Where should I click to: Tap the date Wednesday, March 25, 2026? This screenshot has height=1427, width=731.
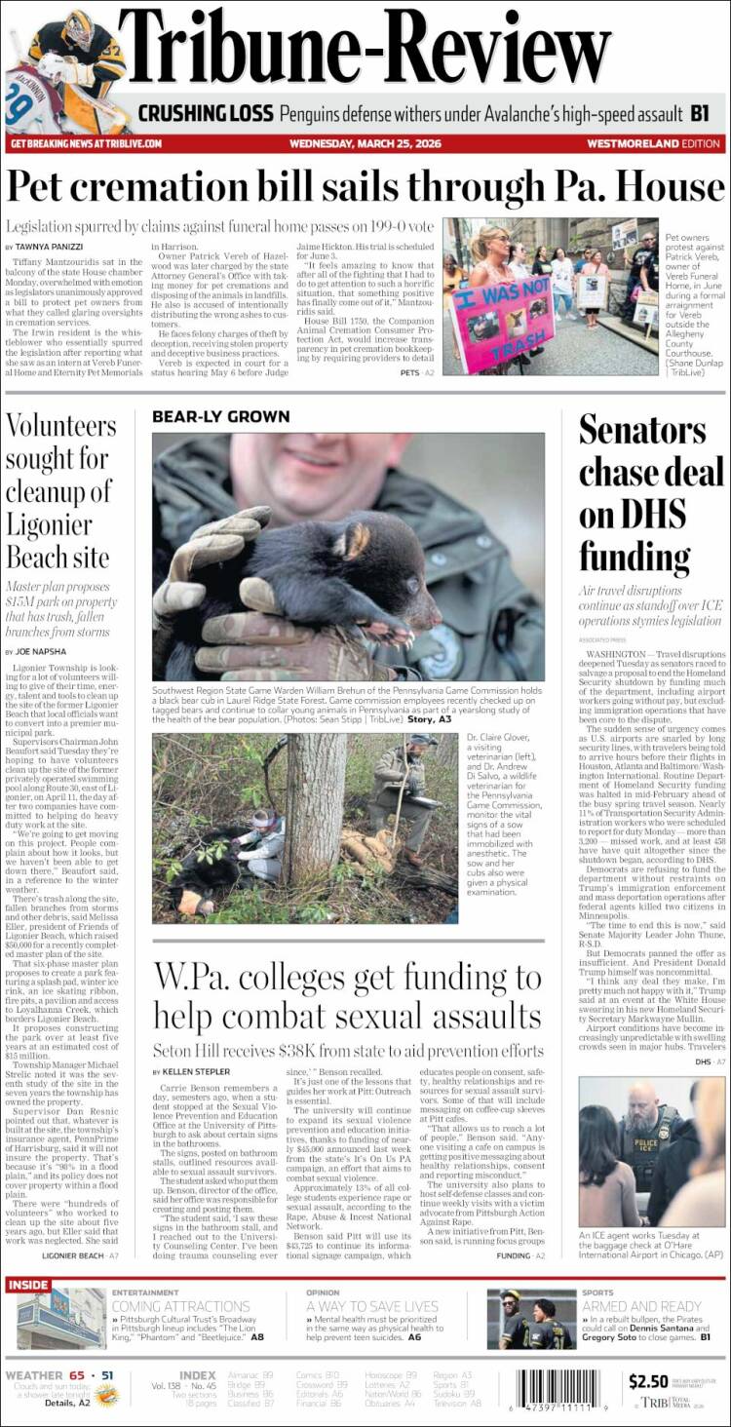pyautogui.click(x=365, y=143)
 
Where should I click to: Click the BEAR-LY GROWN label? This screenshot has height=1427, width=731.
pyautogui.click(x=220, y=416)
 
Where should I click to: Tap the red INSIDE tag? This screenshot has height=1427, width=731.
pyautogui.click(x=28, y=1285)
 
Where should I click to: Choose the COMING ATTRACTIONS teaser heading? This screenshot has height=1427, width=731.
pyautogui.click(x=180, y=1306)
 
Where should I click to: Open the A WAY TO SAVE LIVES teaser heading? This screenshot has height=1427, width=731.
pyautogui.click(x=372, y=1306)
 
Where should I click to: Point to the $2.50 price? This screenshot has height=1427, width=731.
pyautogui.click(x=648, y=1380)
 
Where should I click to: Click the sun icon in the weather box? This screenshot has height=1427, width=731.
pyautogui.click(x=107, y=1396)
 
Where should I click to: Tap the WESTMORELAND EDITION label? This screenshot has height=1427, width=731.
pyautogui.click(x=653, y=143)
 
